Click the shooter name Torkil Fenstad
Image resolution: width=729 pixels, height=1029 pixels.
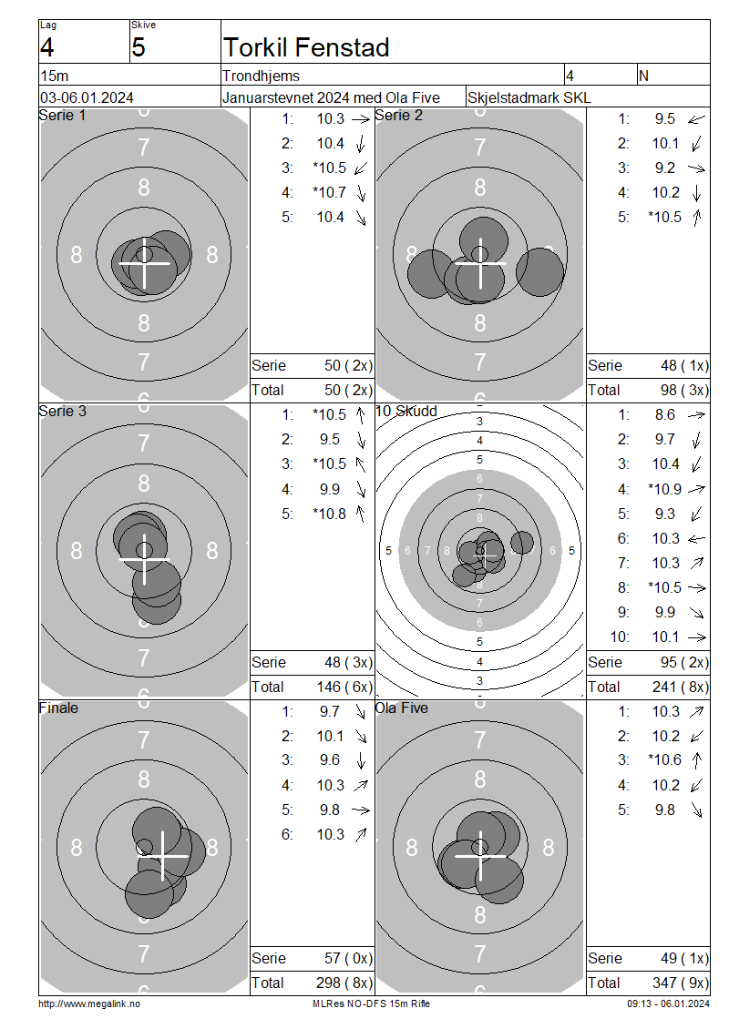306,48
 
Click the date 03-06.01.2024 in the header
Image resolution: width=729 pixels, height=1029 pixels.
87,97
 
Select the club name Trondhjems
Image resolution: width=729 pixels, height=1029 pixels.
261,76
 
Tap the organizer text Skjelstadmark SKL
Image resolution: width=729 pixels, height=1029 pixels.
529,97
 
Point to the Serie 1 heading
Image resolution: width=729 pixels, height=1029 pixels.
62,116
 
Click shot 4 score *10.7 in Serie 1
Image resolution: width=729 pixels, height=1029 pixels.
330,193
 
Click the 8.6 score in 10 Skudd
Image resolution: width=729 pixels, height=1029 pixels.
664,415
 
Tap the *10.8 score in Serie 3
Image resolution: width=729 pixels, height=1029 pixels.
330,514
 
